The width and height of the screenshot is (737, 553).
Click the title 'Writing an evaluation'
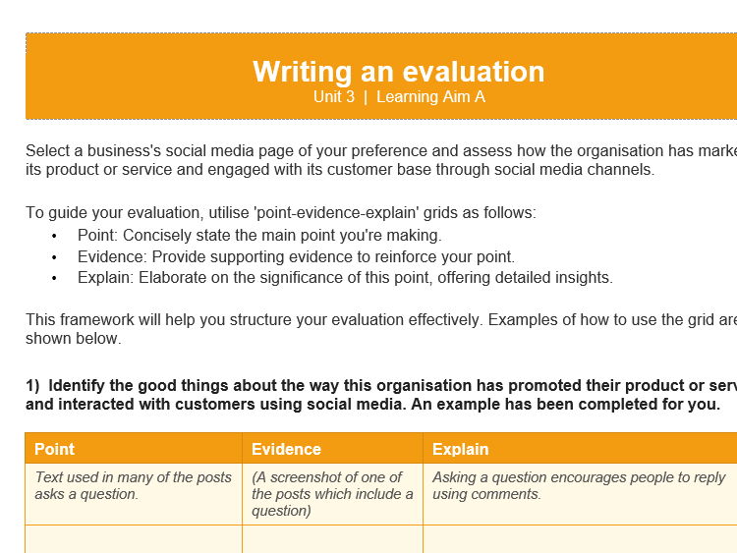tap(398, 72)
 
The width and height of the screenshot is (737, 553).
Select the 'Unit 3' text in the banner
tap(333, 97)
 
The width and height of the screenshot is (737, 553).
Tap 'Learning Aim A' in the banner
tap(430, 97)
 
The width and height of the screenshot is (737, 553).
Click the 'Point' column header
tap(55, 449)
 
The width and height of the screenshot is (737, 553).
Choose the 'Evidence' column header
tap(286, 449)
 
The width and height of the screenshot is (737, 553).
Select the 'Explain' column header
tap(460, 449)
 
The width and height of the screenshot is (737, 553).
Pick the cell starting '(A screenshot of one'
tap(331, 494)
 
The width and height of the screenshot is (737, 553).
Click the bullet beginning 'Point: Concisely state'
tap(259, 236)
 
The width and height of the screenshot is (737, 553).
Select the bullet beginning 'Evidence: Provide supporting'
tap(296, 256)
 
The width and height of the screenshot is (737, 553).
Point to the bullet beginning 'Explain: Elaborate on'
tap(345, 277)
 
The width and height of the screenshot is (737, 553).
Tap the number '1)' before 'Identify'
tap(32, 384)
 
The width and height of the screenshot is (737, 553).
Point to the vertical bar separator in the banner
tap(366, 97)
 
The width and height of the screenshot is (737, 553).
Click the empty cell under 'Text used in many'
tap(134, 539)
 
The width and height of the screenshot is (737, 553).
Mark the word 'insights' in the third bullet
tap(584, 277)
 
